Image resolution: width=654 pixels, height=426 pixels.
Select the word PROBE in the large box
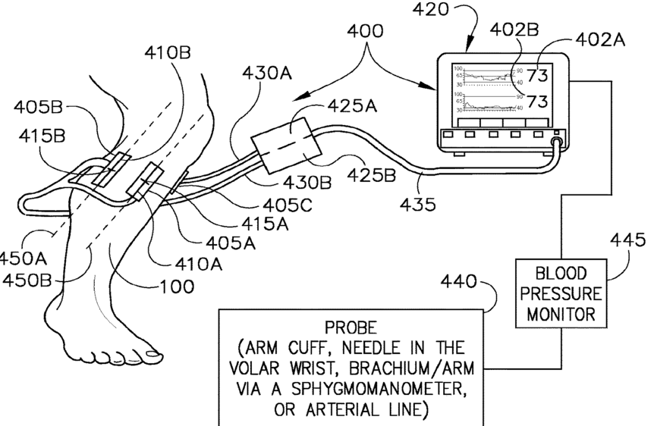[350, 328]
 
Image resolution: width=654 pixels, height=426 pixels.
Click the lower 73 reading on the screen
[536, 102]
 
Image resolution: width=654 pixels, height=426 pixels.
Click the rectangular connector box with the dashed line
[283, 145]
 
